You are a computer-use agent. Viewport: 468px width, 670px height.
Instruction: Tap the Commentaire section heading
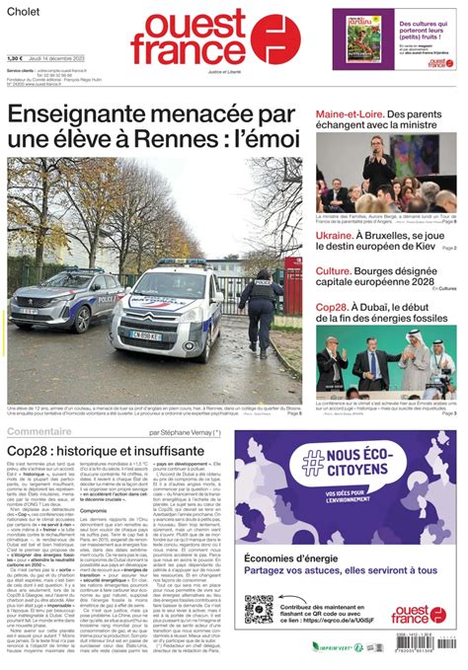point(45,431)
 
